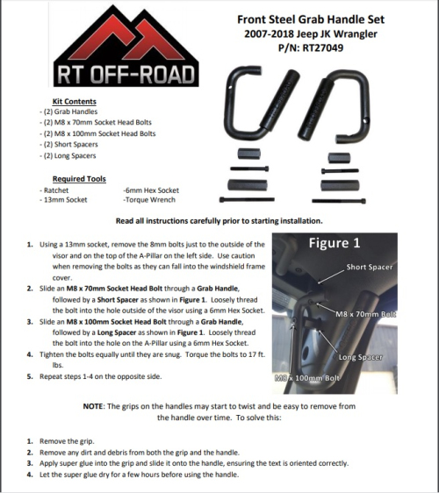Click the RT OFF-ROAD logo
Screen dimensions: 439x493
click(x=126, y=46)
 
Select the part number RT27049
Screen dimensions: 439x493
click(x=323, y=48)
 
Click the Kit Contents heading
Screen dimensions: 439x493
click(x=75, y=102)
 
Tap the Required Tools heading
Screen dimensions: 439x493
click(x=79, y=179)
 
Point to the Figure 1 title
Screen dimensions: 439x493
click(x=335, y=243)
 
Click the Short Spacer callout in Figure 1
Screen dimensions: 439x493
click(x=370, y=268)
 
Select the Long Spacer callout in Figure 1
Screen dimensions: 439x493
click(x=360, y=357)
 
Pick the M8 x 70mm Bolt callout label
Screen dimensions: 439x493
click(x=365, y=314)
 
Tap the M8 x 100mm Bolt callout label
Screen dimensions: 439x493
click(x=306, y=378)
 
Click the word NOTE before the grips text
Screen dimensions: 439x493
click(x=93, y=406)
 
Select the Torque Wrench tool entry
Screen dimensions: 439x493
click(x=149, y=200)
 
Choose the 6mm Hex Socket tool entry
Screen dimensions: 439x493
click(x=151, y=190)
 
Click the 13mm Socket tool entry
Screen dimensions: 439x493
click(x=63, y=200)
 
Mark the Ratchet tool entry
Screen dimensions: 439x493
click(x=54, y=190)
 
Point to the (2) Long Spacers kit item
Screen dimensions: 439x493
click(x=68, y=155)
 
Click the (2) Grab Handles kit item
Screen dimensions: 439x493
click(x=68, y=111)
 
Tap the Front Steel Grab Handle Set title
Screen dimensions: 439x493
click(x=311, y=19)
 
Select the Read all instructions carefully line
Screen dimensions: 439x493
click(x=219, y=221)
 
